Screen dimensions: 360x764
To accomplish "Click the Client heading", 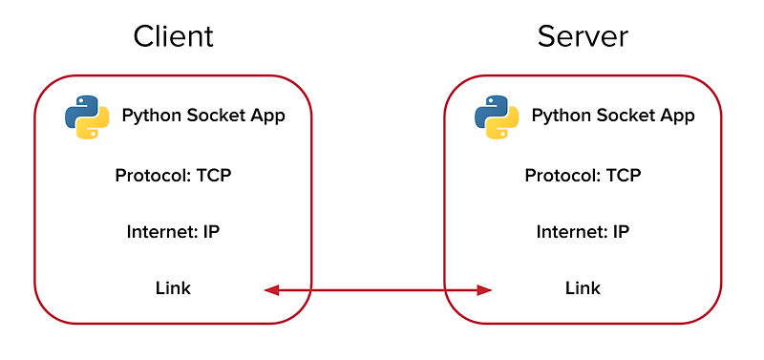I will coord(173,36).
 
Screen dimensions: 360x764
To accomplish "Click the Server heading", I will coord(583,36).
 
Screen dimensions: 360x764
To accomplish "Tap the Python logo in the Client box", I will coord(87,117).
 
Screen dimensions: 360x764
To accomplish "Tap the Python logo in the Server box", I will coord(497,117).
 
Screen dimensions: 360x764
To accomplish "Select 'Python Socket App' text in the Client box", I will coord(203,116).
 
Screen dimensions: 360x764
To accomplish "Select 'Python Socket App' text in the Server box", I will coord(613,116).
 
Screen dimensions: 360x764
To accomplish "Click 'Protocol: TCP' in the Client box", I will coord(173,176).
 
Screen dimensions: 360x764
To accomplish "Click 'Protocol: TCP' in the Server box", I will coord(583,176).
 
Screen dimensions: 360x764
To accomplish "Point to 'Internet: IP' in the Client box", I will coord(174,232).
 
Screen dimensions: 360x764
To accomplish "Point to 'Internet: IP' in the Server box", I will coord(583,232).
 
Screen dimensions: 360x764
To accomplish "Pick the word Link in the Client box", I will coord(173,287).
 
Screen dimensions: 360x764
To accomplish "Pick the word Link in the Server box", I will coord(583,287).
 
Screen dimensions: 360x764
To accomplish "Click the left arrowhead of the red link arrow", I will coord(271,289).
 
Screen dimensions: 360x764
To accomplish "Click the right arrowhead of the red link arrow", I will coord(484,289).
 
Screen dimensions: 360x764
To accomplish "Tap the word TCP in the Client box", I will coord(212,176).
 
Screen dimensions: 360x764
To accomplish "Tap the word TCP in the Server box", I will coord(622,176).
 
